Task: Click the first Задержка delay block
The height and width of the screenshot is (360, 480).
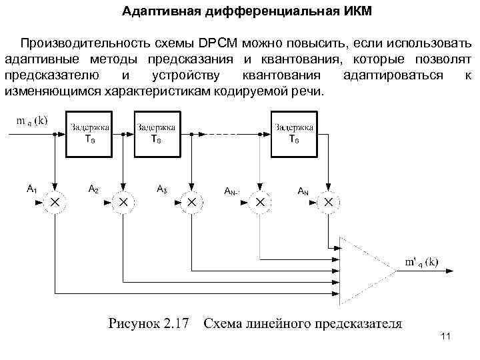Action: (89, 135)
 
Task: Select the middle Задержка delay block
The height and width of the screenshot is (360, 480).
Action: (156, 135)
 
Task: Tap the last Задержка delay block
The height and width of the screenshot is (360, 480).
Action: (294, 135)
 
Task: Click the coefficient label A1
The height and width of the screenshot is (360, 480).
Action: (31, 189)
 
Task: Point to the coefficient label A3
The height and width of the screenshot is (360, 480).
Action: (161, 189)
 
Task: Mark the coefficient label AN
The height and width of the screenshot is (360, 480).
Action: (303, 191)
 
